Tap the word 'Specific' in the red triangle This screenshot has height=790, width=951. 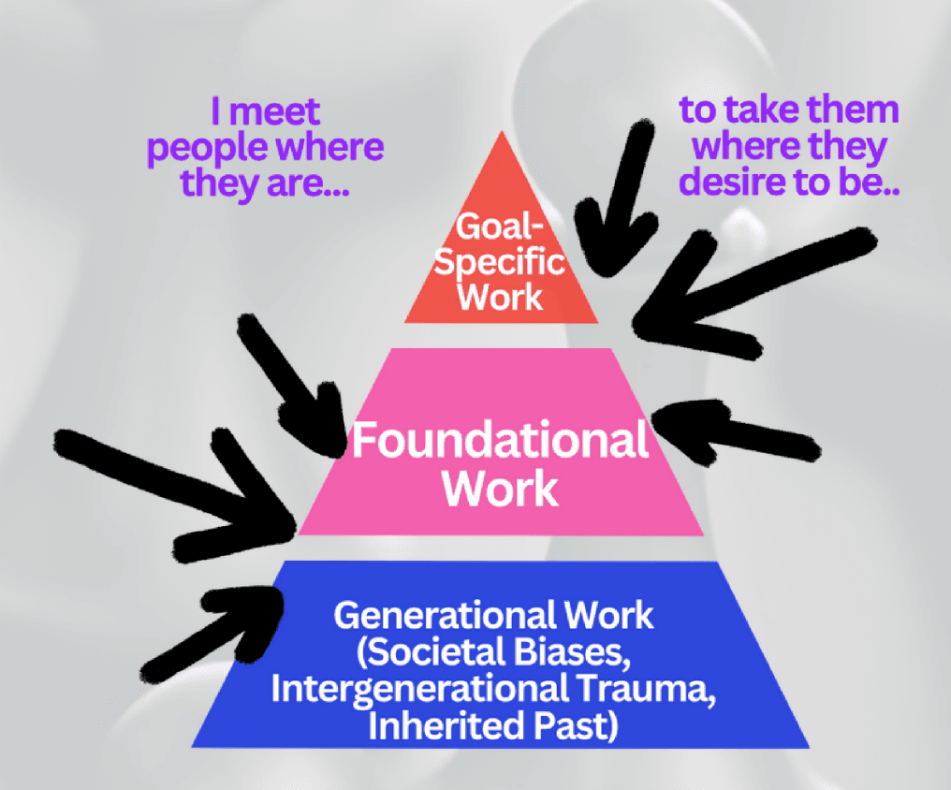(x=501, y=262)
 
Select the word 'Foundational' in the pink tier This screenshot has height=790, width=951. (x=499, y=440)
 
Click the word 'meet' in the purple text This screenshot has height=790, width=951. (x=277, y=113)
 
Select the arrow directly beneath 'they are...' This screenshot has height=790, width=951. (x=291, y=385)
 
